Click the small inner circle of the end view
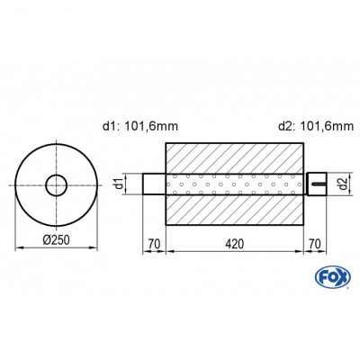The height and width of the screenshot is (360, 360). click(x=57, y=185)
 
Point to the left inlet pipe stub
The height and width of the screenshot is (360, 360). click(x=154, y=185)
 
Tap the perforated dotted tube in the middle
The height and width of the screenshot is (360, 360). click(x=234, y=185)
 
